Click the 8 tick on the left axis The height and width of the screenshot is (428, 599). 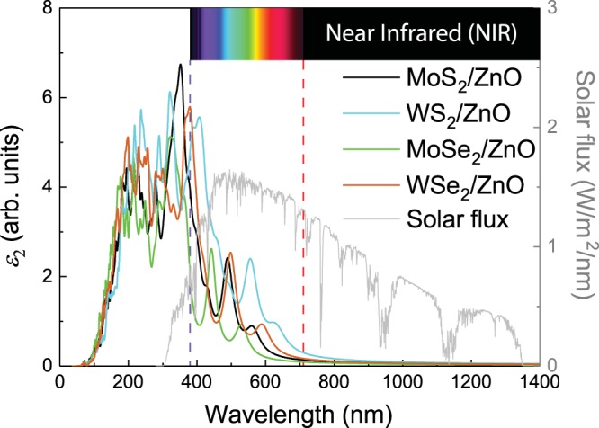(46, 9)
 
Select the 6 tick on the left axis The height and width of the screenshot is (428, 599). (46, 98)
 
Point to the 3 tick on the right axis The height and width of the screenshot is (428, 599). (557, 9)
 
